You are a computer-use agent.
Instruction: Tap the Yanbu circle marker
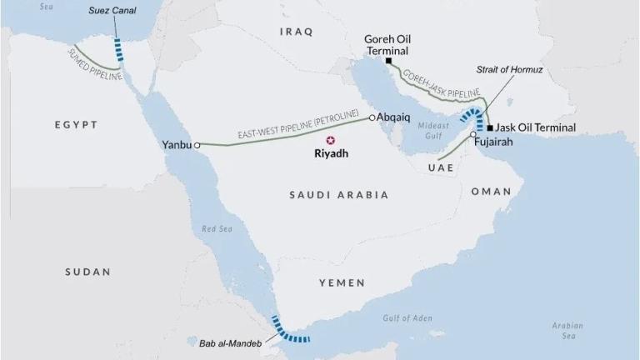click(198, 144)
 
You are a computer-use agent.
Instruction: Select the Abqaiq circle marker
click(372, 117)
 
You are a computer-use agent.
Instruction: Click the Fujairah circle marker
click(472, 134)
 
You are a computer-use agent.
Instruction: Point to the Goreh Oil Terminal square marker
click(388, 60)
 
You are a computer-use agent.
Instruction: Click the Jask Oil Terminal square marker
click(490, 127)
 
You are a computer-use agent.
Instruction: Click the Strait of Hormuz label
click(509, 70)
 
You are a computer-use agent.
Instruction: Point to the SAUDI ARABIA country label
click(338, 195)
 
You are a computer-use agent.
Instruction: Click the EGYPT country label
click(76, 125)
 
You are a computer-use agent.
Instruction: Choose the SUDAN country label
click(87, 272)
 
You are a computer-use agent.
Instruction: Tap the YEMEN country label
click(342, 283)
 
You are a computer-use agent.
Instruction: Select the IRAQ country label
click(296, 32)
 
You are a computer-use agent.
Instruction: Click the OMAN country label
click(491, 192)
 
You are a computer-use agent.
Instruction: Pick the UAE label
click(439, 167)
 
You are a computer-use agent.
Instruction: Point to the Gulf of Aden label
click(407, 317)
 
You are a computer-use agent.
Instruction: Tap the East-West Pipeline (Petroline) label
click(297, 123)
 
